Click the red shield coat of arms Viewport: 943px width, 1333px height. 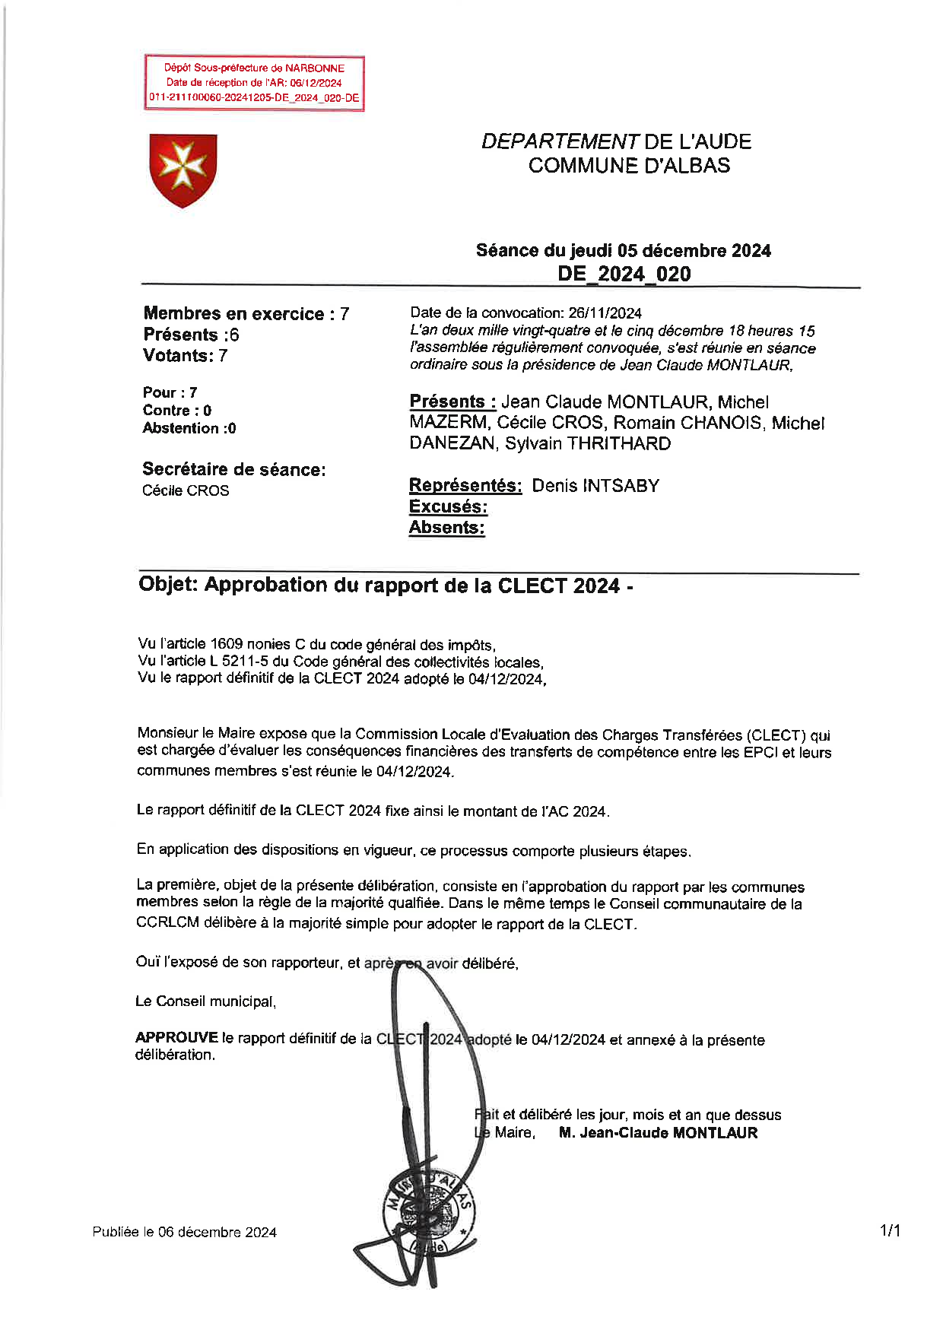click(183, 170)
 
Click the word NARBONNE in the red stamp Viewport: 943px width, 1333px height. click(315, 68)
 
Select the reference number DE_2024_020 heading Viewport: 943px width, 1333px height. click(624, 274)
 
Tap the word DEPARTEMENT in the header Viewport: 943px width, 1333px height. click(560, 142)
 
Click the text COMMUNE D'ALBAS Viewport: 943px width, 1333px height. click(629, 166)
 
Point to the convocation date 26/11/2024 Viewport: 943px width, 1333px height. click(605, 313)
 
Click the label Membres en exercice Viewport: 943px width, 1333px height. click(233, 314)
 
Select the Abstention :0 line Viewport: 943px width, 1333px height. click(189, 428)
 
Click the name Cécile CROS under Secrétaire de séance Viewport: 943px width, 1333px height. click(186, 490)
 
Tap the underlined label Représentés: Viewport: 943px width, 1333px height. click(465, 486)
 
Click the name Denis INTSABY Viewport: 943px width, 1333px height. click(595, 486)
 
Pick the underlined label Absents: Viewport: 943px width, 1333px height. click(446, 528)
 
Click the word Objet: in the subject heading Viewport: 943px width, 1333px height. click(168, 585)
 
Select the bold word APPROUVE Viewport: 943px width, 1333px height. click(176, 1038)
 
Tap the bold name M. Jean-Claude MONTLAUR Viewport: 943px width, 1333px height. click(658, 1133)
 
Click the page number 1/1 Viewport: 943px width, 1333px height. click(890, 1230)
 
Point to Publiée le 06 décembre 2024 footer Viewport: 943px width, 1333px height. click(185, 1233)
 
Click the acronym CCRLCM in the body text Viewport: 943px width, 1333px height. click(167, 924)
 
